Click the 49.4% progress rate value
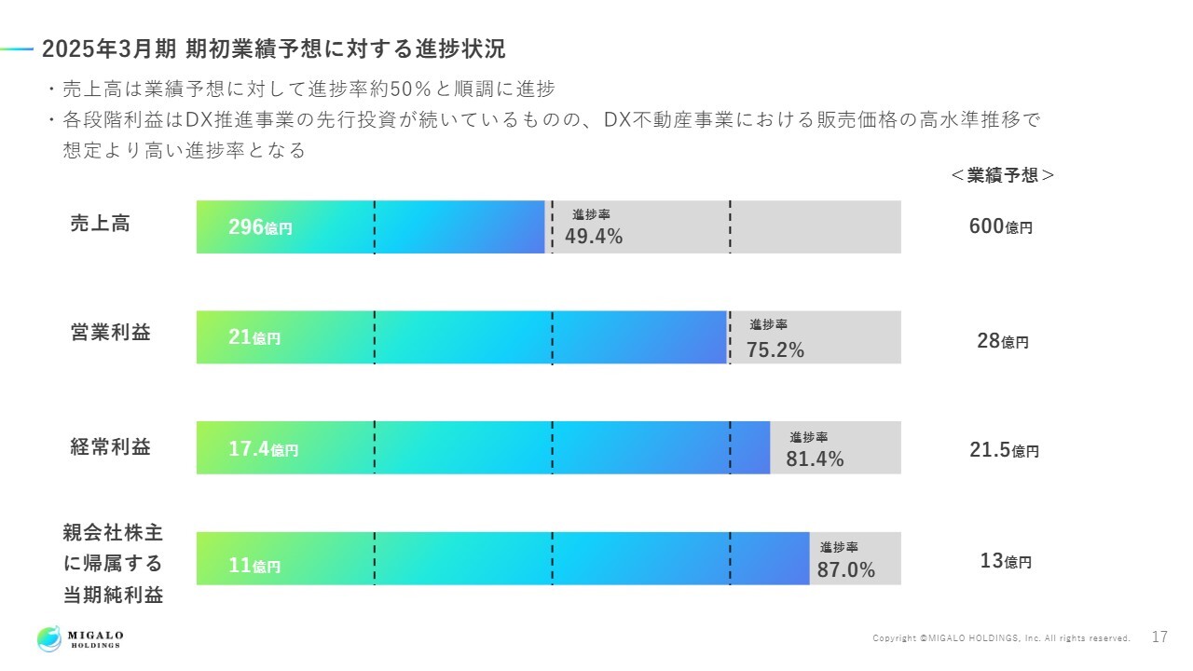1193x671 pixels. [x=594, y=237]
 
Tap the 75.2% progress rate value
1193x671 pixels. [x=775, y=349]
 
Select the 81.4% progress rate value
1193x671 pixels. [x=815, y=459]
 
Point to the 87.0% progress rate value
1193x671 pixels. [x=846, y=570]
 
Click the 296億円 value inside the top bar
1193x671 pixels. [x=260, y=227]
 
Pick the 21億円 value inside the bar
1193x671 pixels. [x=254, y=338]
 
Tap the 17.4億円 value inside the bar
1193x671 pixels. [x=264, y=449]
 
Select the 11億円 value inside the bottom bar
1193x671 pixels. [x=254, y=566]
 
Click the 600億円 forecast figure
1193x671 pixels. [x=1001, y=226]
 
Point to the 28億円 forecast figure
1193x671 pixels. [x=1003, y=341]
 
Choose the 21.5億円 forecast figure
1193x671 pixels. [x=1004, y=450]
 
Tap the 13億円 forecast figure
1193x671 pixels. [x=1006, y=561]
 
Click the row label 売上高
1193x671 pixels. [x=101, y=224]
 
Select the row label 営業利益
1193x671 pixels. [x=110, y=333]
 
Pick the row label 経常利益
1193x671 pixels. [x=110, y=446]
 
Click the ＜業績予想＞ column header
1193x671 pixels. [x=1003, y=175]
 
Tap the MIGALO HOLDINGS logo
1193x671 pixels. [x=80, y=638]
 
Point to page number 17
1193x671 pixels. [x=1159, y=637]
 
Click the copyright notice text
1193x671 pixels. [x=1001, y=638]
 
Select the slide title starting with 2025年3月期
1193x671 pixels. [x=274, y=49]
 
